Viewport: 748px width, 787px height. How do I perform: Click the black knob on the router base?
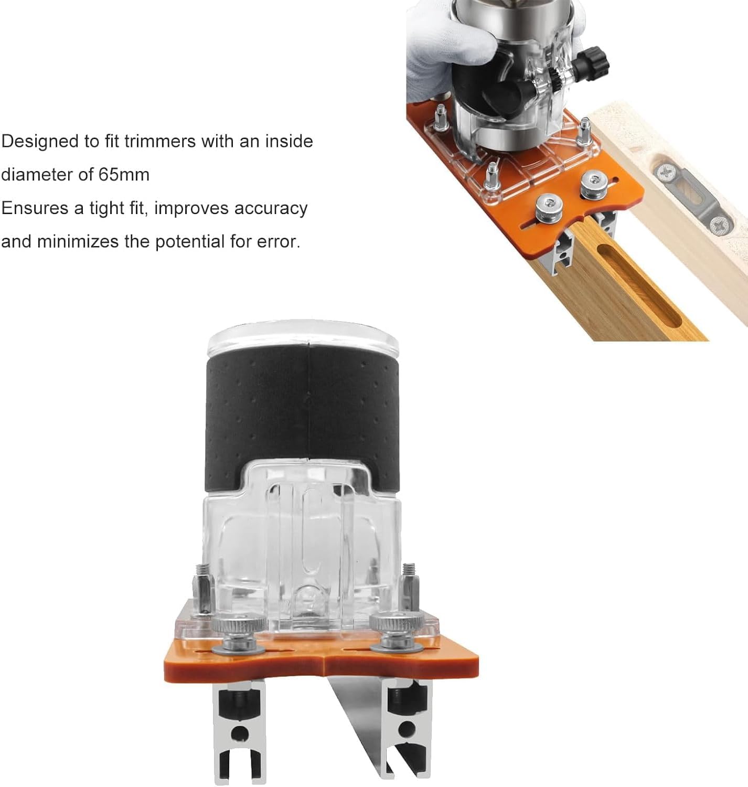[x=593, y=61]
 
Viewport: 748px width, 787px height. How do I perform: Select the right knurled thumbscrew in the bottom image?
[x=396, y=632]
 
